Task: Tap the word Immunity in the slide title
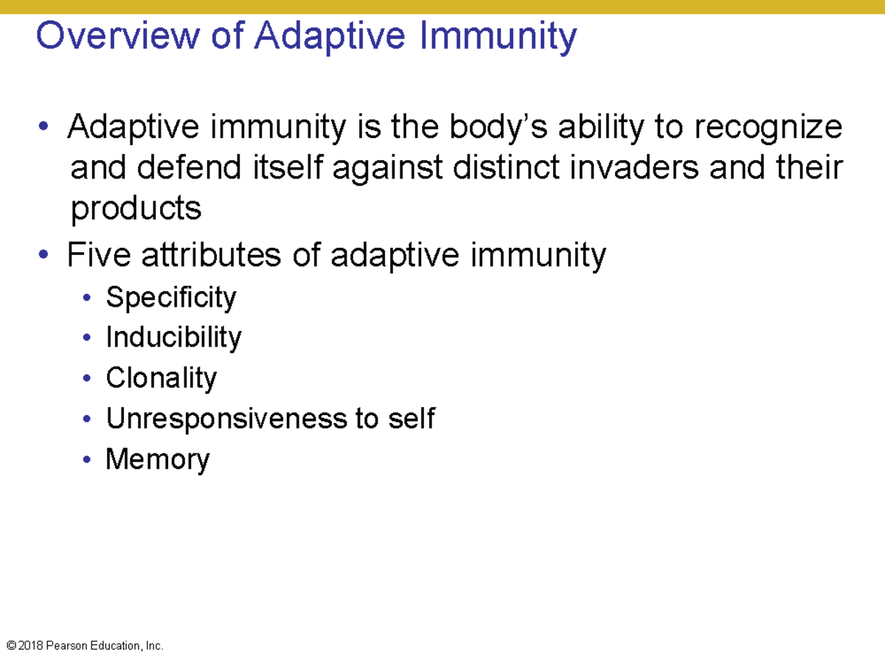(498, 35)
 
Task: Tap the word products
(136, 209)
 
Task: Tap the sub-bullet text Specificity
(171, 298)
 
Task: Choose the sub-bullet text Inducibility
(173, 338)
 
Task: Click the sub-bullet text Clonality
(161, 378)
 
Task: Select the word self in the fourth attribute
(411, 419)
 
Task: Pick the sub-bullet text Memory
(158, 459)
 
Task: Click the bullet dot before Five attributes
(46, 256)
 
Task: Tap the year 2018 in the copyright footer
(30, 646)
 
